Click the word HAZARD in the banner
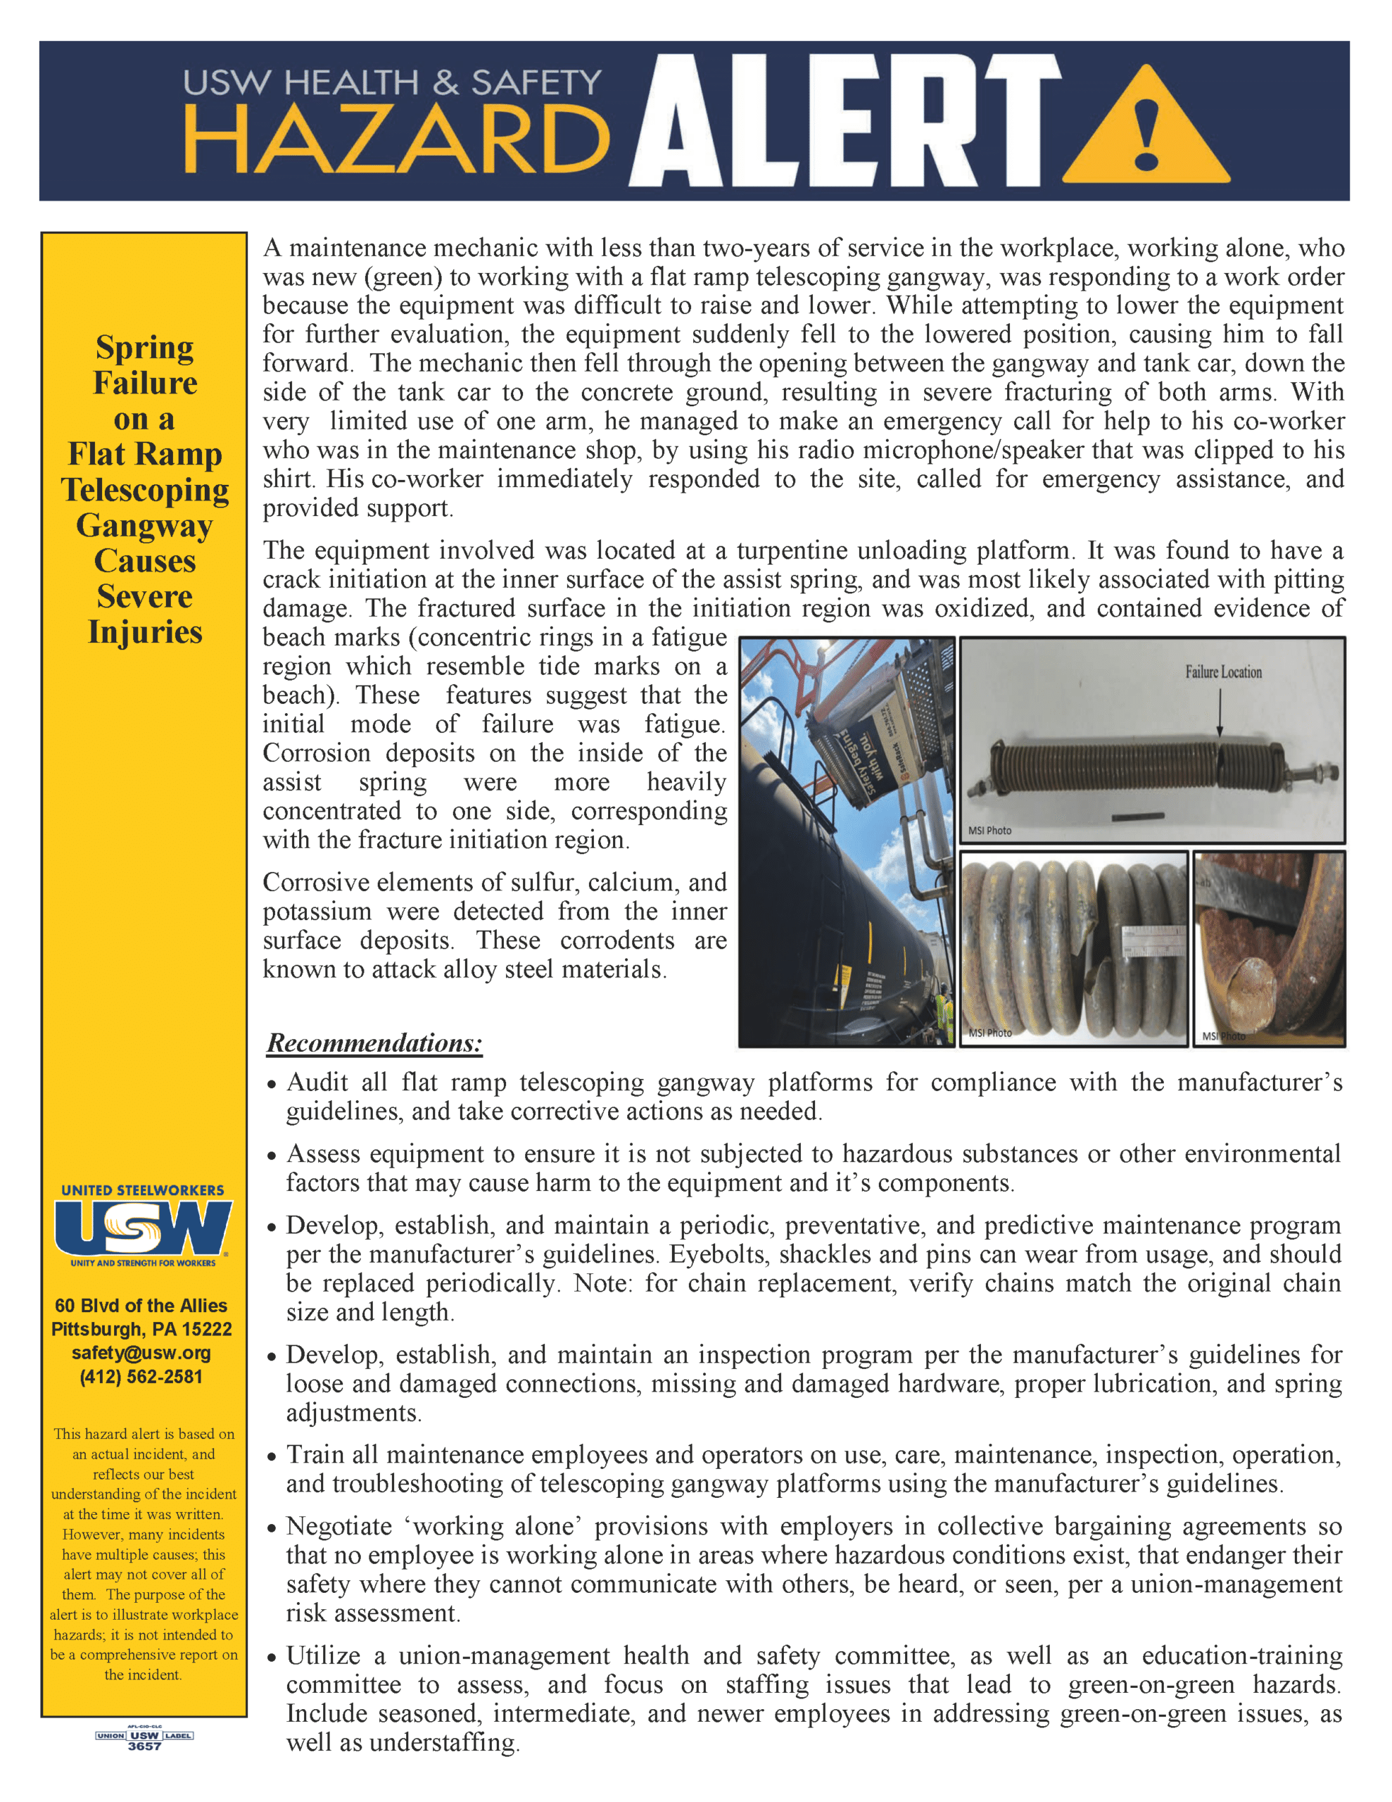tap(396, 140)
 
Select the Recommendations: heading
tap(374, 1044)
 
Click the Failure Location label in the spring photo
tap(1223, 672)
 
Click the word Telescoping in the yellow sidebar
tap(145, 490)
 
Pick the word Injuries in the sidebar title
tap(145, 633)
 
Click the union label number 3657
tap(144, 1746)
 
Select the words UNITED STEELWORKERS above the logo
tap(143, 1190)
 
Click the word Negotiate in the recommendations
tap(339, 1527)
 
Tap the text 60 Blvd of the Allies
tap(141, 1306)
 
